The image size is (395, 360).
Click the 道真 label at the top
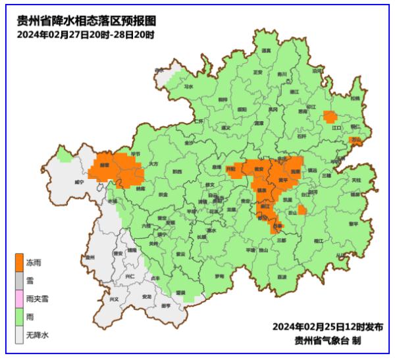point(266,51)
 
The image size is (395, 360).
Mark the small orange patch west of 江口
point(330,117)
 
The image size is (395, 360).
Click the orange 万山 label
point(356,140)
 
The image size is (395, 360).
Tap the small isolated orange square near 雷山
point(302,210)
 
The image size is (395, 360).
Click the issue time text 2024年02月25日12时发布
point(327,327)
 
